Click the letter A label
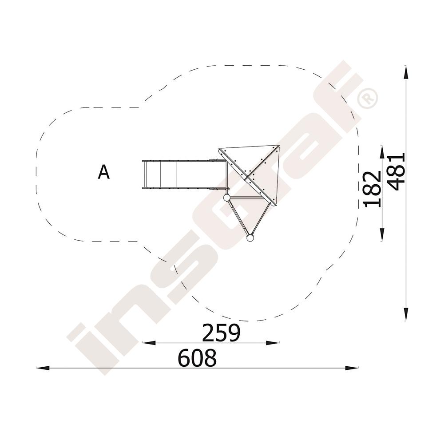(x=103, y=172)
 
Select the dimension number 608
(x=197, y=358)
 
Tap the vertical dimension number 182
(x=373, y=189)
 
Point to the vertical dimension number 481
(x=396, y=172)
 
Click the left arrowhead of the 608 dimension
(x=43, y=368)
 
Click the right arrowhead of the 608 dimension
(x=351, y=368)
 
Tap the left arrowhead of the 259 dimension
(x=149, y=343)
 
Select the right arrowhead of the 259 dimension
(x=273, y=343)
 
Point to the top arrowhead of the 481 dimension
(x=406, y=72)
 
